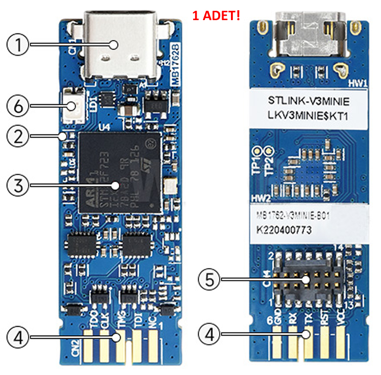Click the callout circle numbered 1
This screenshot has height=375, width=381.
[18, 45]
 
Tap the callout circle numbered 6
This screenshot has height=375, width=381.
[18, 106]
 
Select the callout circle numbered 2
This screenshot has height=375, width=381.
[18, 135]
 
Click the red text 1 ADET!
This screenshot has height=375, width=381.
[216, 16]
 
